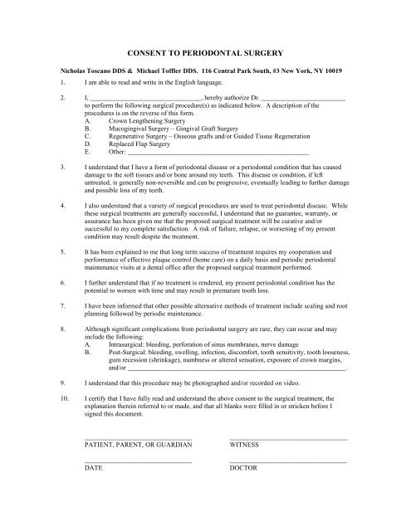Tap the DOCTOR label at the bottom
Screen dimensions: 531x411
pyautogui.click(x=243, y=468)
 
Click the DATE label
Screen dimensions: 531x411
pyautogui.click(x=93, y=468)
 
